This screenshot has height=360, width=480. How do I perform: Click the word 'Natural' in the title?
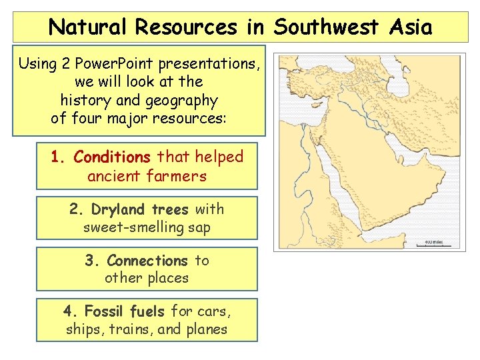[89, 27]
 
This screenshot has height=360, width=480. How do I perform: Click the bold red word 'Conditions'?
[112, 157]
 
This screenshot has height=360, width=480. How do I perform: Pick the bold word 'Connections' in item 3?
[147, 261]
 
